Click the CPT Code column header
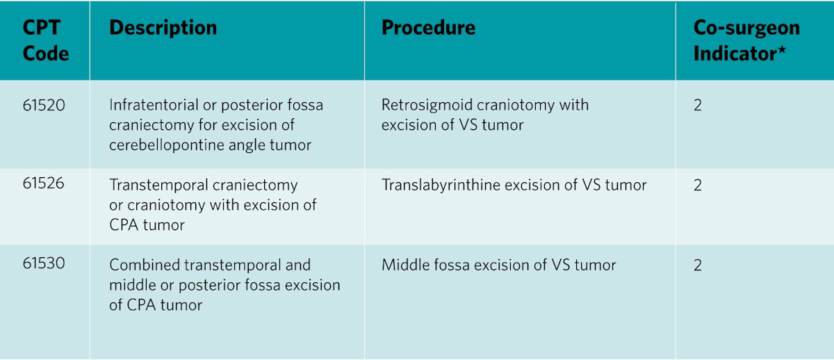(45, 40)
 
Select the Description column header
(163, 28)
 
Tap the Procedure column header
(428, 28)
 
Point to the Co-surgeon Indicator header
(746, 40)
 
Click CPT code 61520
(44, 105)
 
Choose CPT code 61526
(43, 183)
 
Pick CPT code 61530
(44, 263)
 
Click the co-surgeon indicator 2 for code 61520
(698, 105)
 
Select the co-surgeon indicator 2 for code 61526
(698, 185)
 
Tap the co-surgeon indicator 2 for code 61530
(698, 265)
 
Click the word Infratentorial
(154, 105)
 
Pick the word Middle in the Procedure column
(403, 265)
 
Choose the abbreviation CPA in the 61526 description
(123, 225)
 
